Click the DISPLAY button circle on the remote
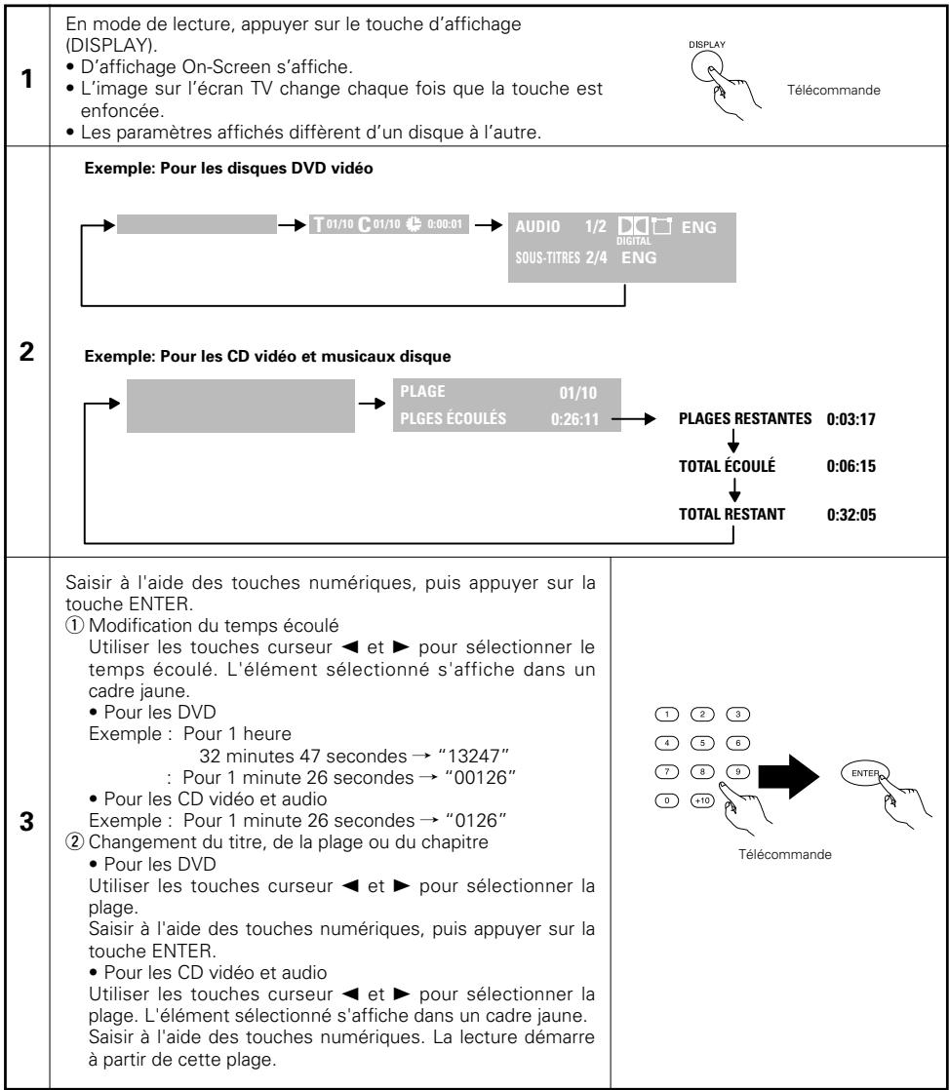(x=706, y=67)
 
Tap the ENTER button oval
(x=864, y=773)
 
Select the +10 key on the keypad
(x=702, y=800)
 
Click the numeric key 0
(x=667, y=800)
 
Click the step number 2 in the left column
(x=26, y=351)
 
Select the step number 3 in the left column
(x=26, y=822)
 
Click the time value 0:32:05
(x=850, y=515)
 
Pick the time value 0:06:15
(x=850, y=466)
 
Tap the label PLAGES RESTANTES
(x=744, y=418)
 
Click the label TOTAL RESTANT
(x=732, y=515)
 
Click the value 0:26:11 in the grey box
(x=574, y=419)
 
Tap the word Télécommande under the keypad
(x=784, y=854)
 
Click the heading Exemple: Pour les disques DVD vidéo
(x=229, y=169)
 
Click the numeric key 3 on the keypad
(x=737, y=714)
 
